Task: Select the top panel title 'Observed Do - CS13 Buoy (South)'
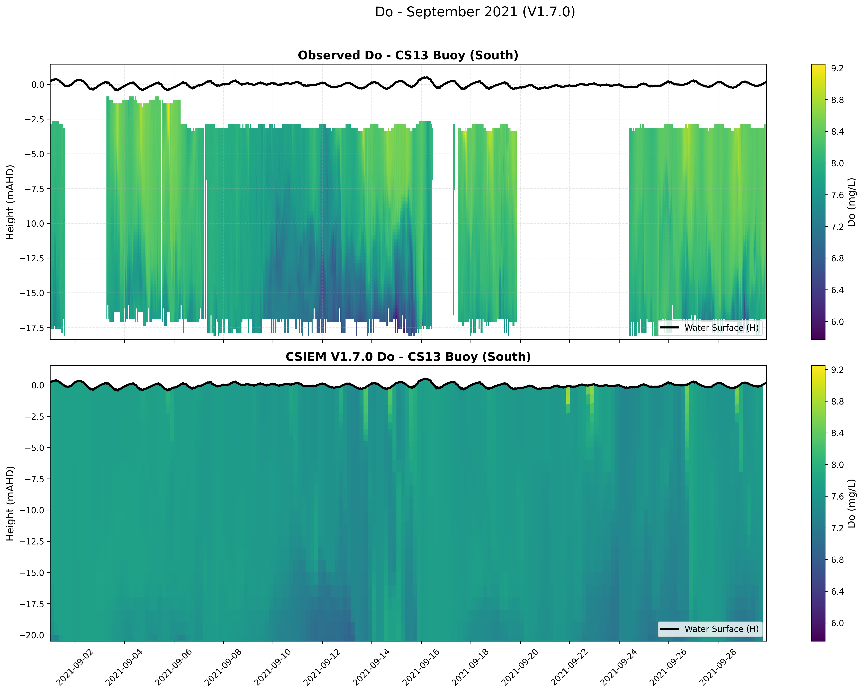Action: click(x=408, y=55)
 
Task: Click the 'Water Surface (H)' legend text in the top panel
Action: click(x=721, y=328)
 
